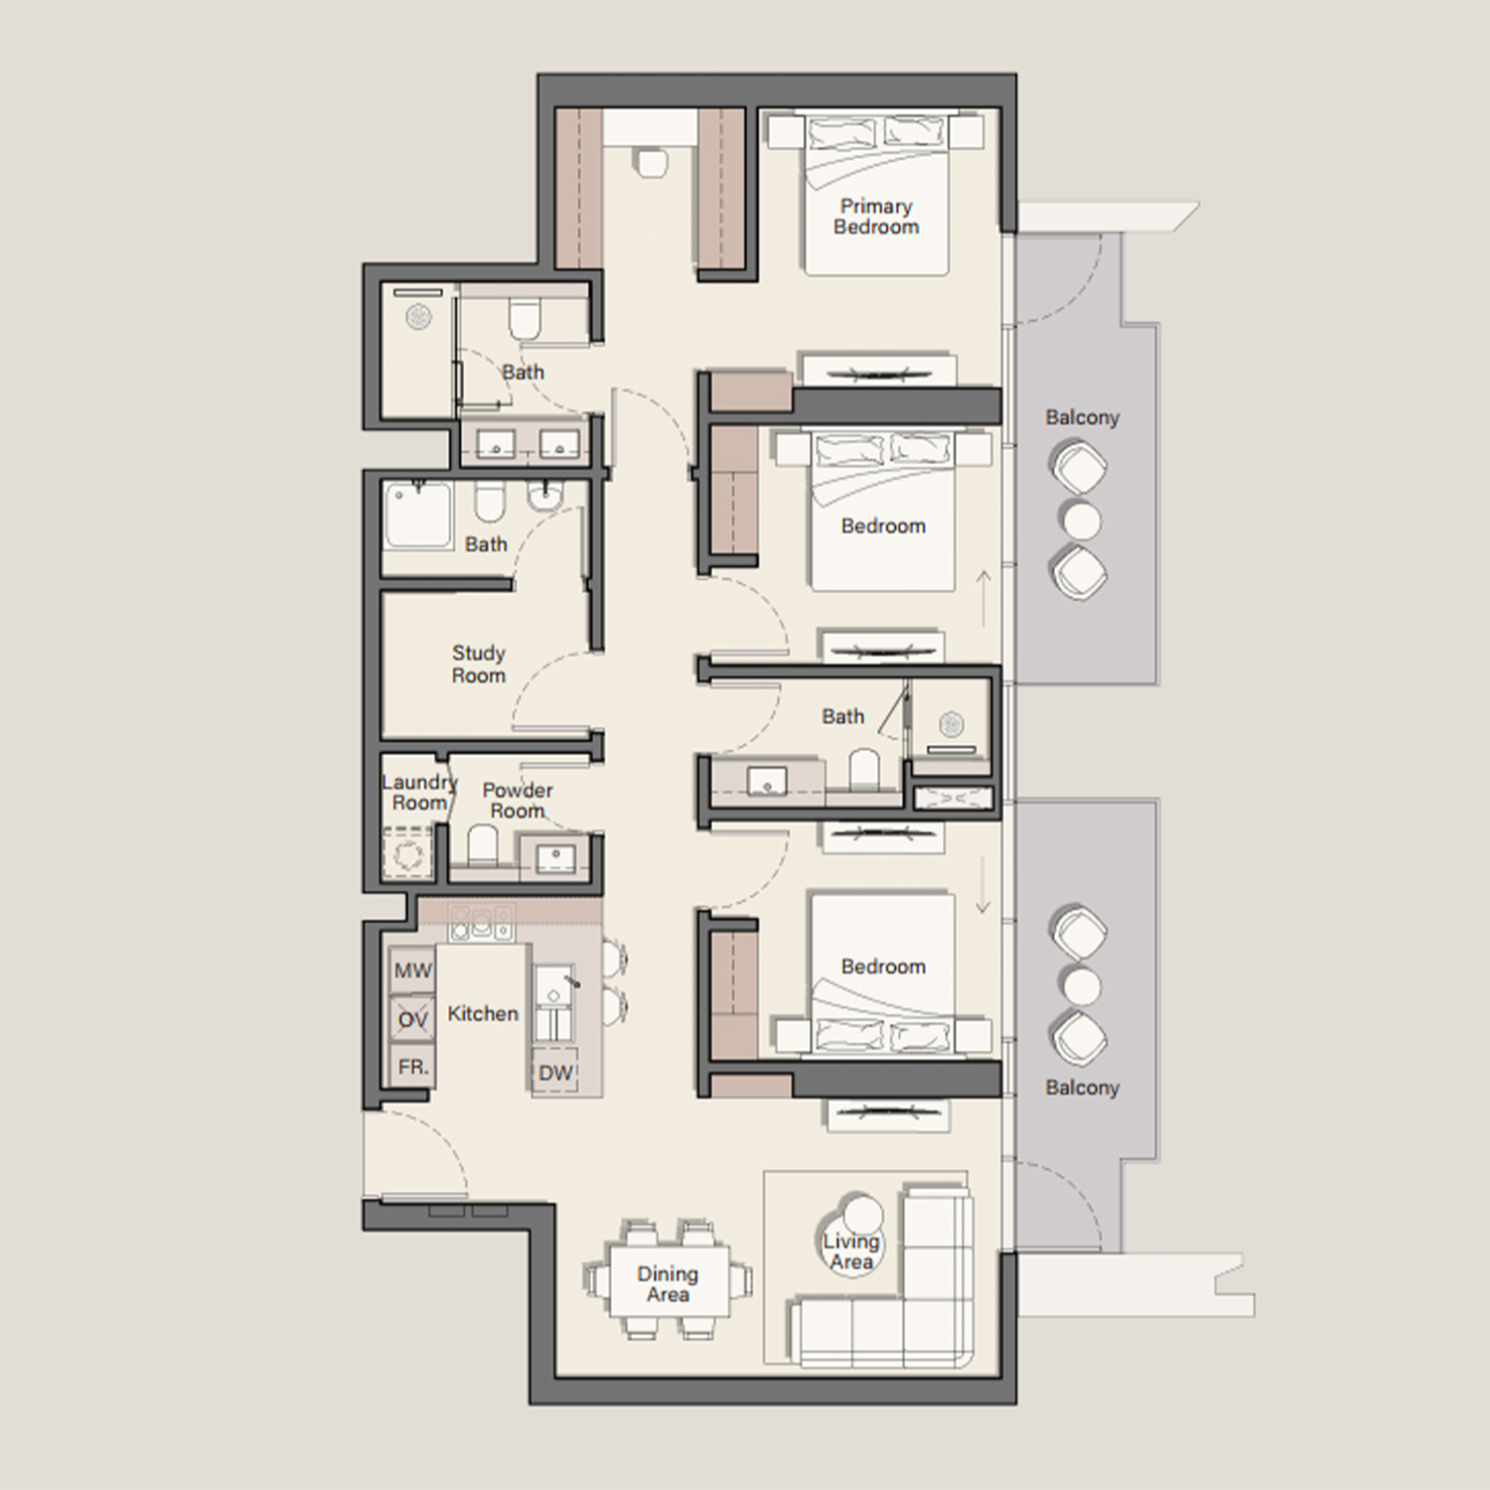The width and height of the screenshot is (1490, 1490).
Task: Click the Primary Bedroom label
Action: pyautogui.click(x=876, y=217)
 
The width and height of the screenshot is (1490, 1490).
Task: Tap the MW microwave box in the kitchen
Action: pyautogui.click(x=412, y=969)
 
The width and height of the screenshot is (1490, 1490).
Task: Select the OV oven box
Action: pyautogui.click(x=412, y=1019)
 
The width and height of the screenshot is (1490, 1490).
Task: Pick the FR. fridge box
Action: pyautogui.click(x=412, y=1067)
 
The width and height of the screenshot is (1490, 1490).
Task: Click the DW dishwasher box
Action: pyautogui.click(x=555, y=1071)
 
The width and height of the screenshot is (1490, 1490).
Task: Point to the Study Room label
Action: pyautogui.click(x=479, y=665)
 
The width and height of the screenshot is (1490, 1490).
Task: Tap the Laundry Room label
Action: pyautogui.click(x=419, y=793)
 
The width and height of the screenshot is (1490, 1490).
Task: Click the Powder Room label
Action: pyautogui.click(x=518, y=801)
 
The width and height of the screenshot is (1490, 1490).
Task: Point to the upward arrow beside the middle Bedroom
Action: pyautogui.click(x=983, y=599)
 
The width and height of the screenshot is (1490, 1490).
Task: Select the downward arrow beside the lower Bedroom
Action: pyautogui.click(x=983, y=886)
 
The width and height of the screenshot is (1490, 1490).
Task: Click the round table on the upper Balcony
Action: pyautogui.click(x=1082, y=521)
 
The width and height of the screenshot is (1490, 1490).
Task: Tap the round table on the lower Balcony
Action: pyautogui.click(x=1082, y=987)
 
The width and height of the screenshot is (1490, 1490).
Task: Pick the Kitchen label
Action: pyautogui.click(x=483, y=1014)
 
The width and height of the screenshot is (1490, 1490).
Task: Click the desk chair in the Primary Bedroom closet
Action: pyautogui.click(x=652, y=162)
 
